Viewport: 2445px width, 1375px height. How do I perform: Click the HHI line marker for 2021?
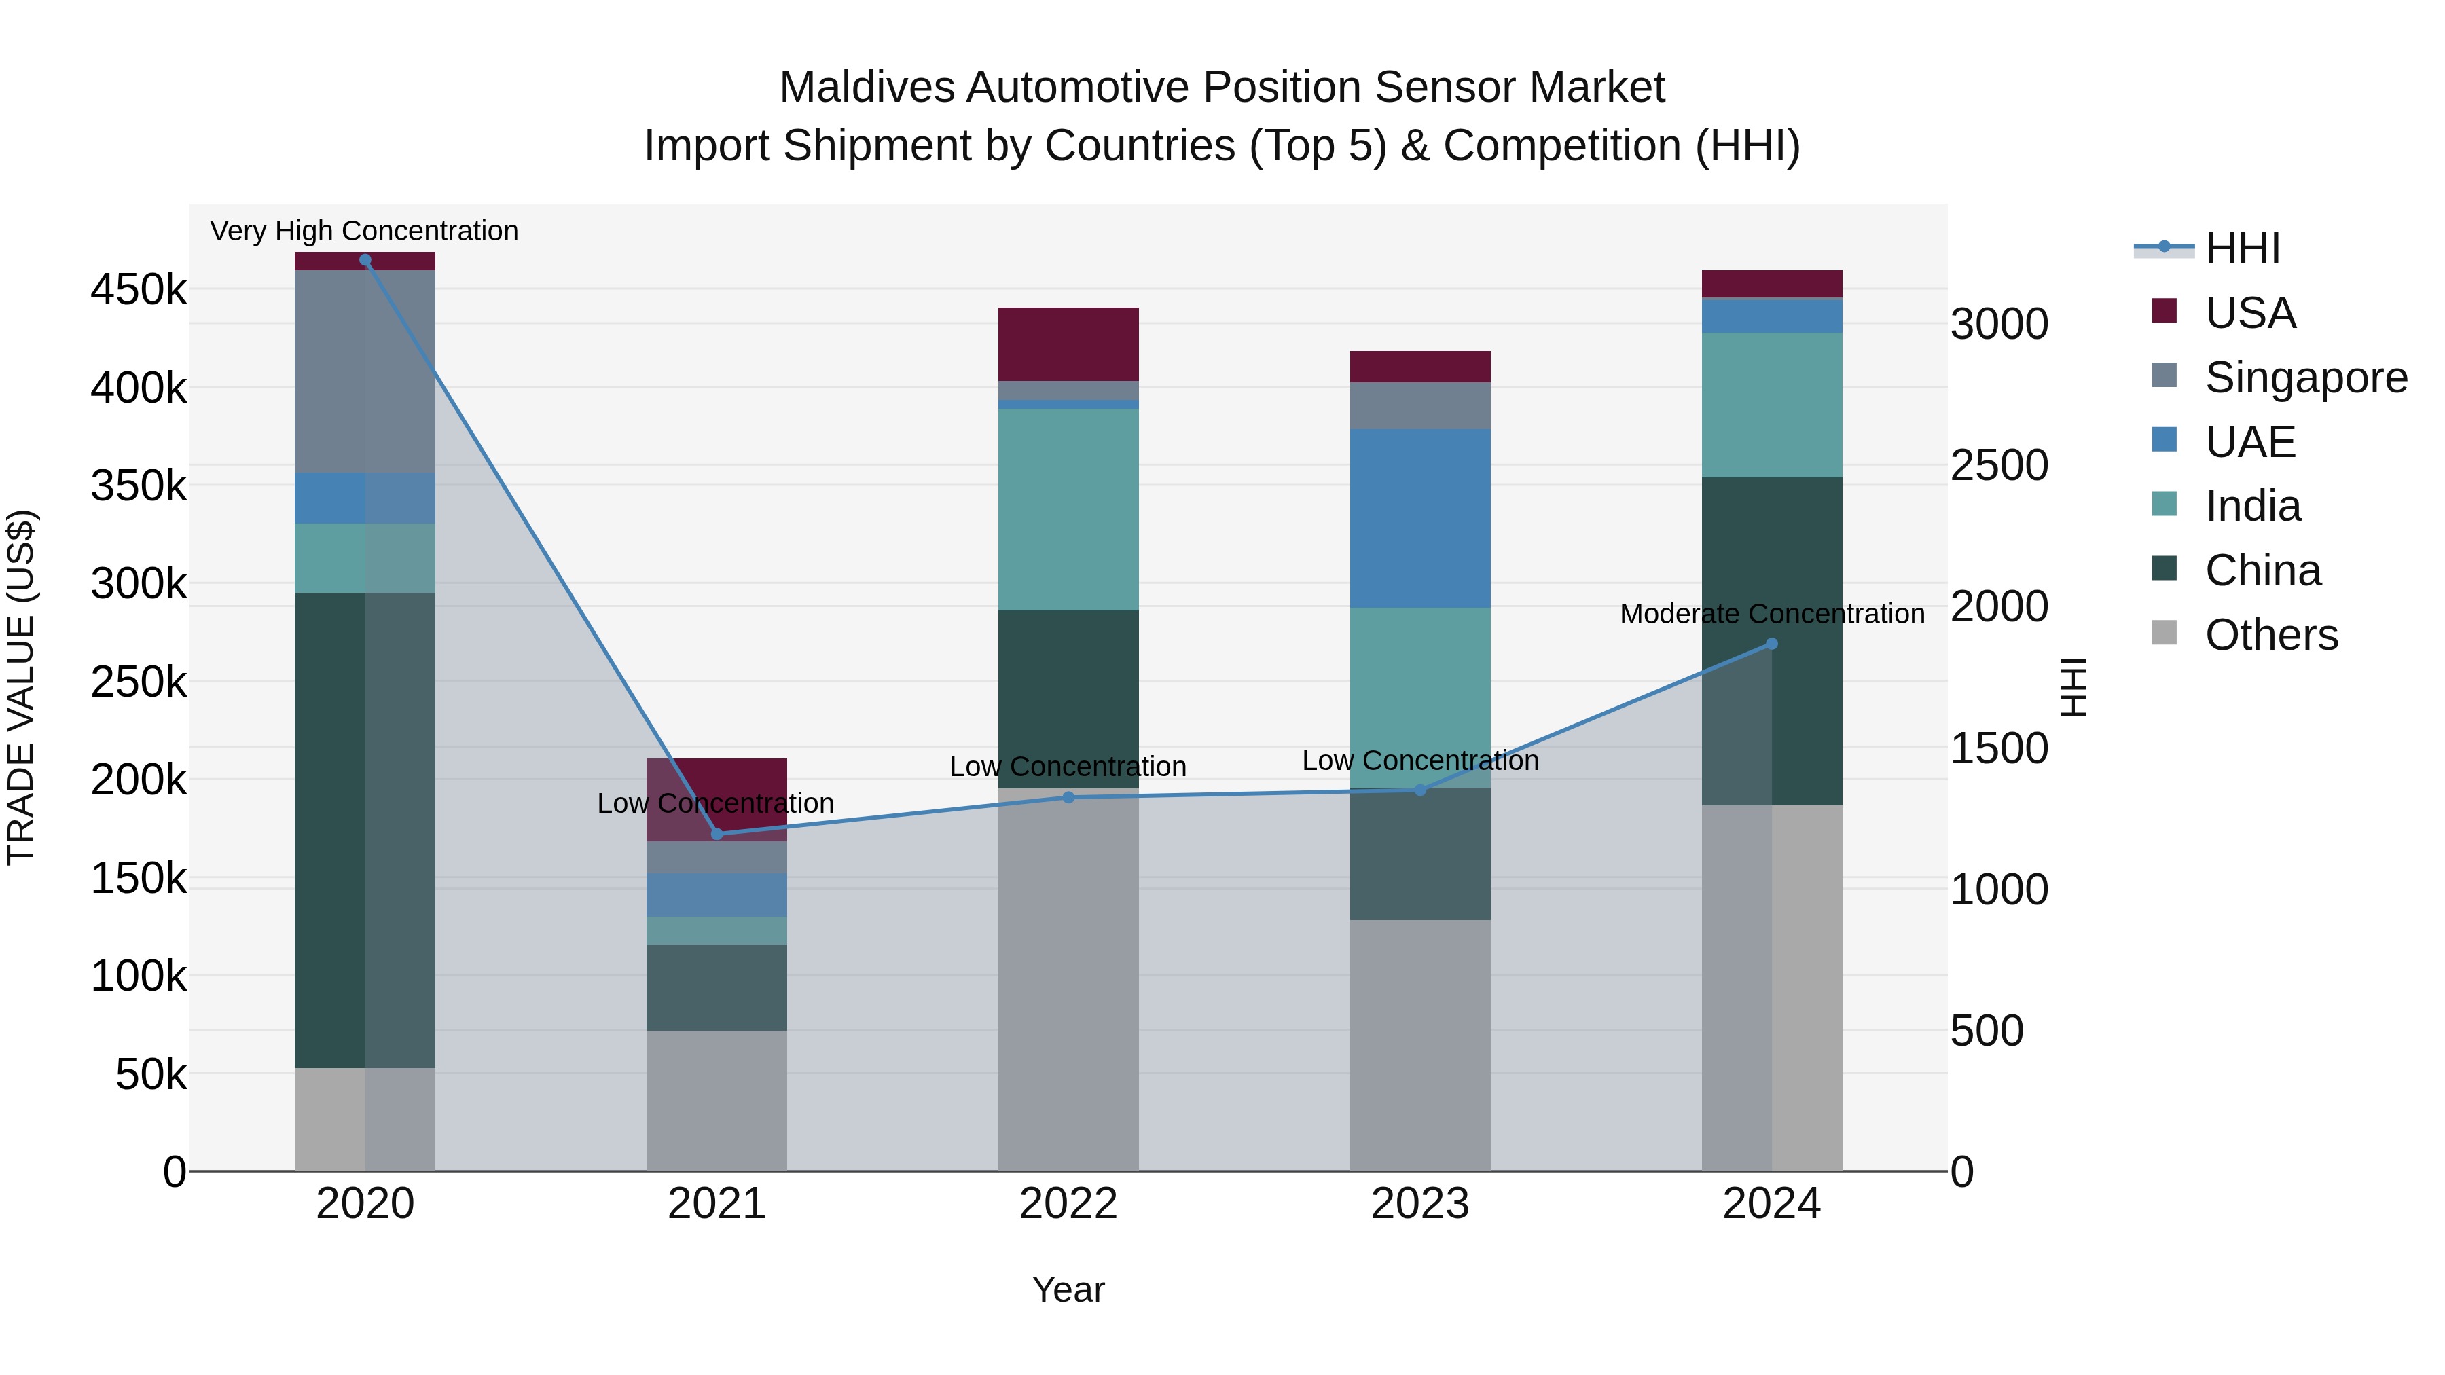click(717, 834)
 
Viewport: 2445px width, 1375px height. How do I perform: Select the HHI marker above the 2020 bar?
click(365, 260)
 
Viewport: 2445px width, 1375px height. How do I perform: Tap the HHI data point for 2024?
click(1771, 644)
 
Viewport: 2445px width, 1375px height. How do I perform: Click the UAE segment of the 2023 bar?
click(1420, 518)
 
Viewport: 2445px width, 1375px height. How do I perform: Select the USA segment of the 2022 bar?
click(1068, 344)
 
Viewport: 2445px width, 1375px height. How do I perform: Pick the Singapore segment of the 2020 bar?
click(365, 371)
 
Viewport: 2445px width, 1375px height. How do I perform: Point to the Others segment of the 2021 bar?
click(717, 1100)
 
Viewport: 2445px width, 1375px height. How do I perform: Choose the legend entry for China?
click(2262, 570)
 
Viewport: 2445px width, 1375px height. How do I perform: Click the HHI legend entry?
click(2241, 249)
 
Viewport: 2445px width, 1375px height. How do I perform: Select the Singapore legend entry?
click(2304, 378)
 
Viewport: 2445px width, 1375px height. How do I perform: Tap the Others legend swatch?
click(2164, 633)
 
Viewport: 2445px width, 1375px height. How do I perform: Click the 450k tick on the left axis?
click(139, 289)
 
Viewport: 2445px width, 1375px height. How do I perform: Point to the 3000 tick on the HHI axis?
click(1999, 325)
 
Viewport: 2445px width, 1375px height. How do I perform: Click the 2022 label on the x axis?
click(1068, 1204)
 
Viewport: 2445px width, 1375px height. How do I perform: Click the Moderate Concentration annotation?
click(1771, 614)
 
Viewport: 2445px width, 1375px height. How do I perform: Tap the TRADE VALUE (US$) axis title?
click(22, 687)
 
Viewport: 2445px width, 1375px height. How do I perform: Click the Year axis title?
click(1068, 1289)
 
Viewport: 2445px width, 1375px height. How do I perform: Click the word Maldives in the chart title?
click(866, 88)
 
